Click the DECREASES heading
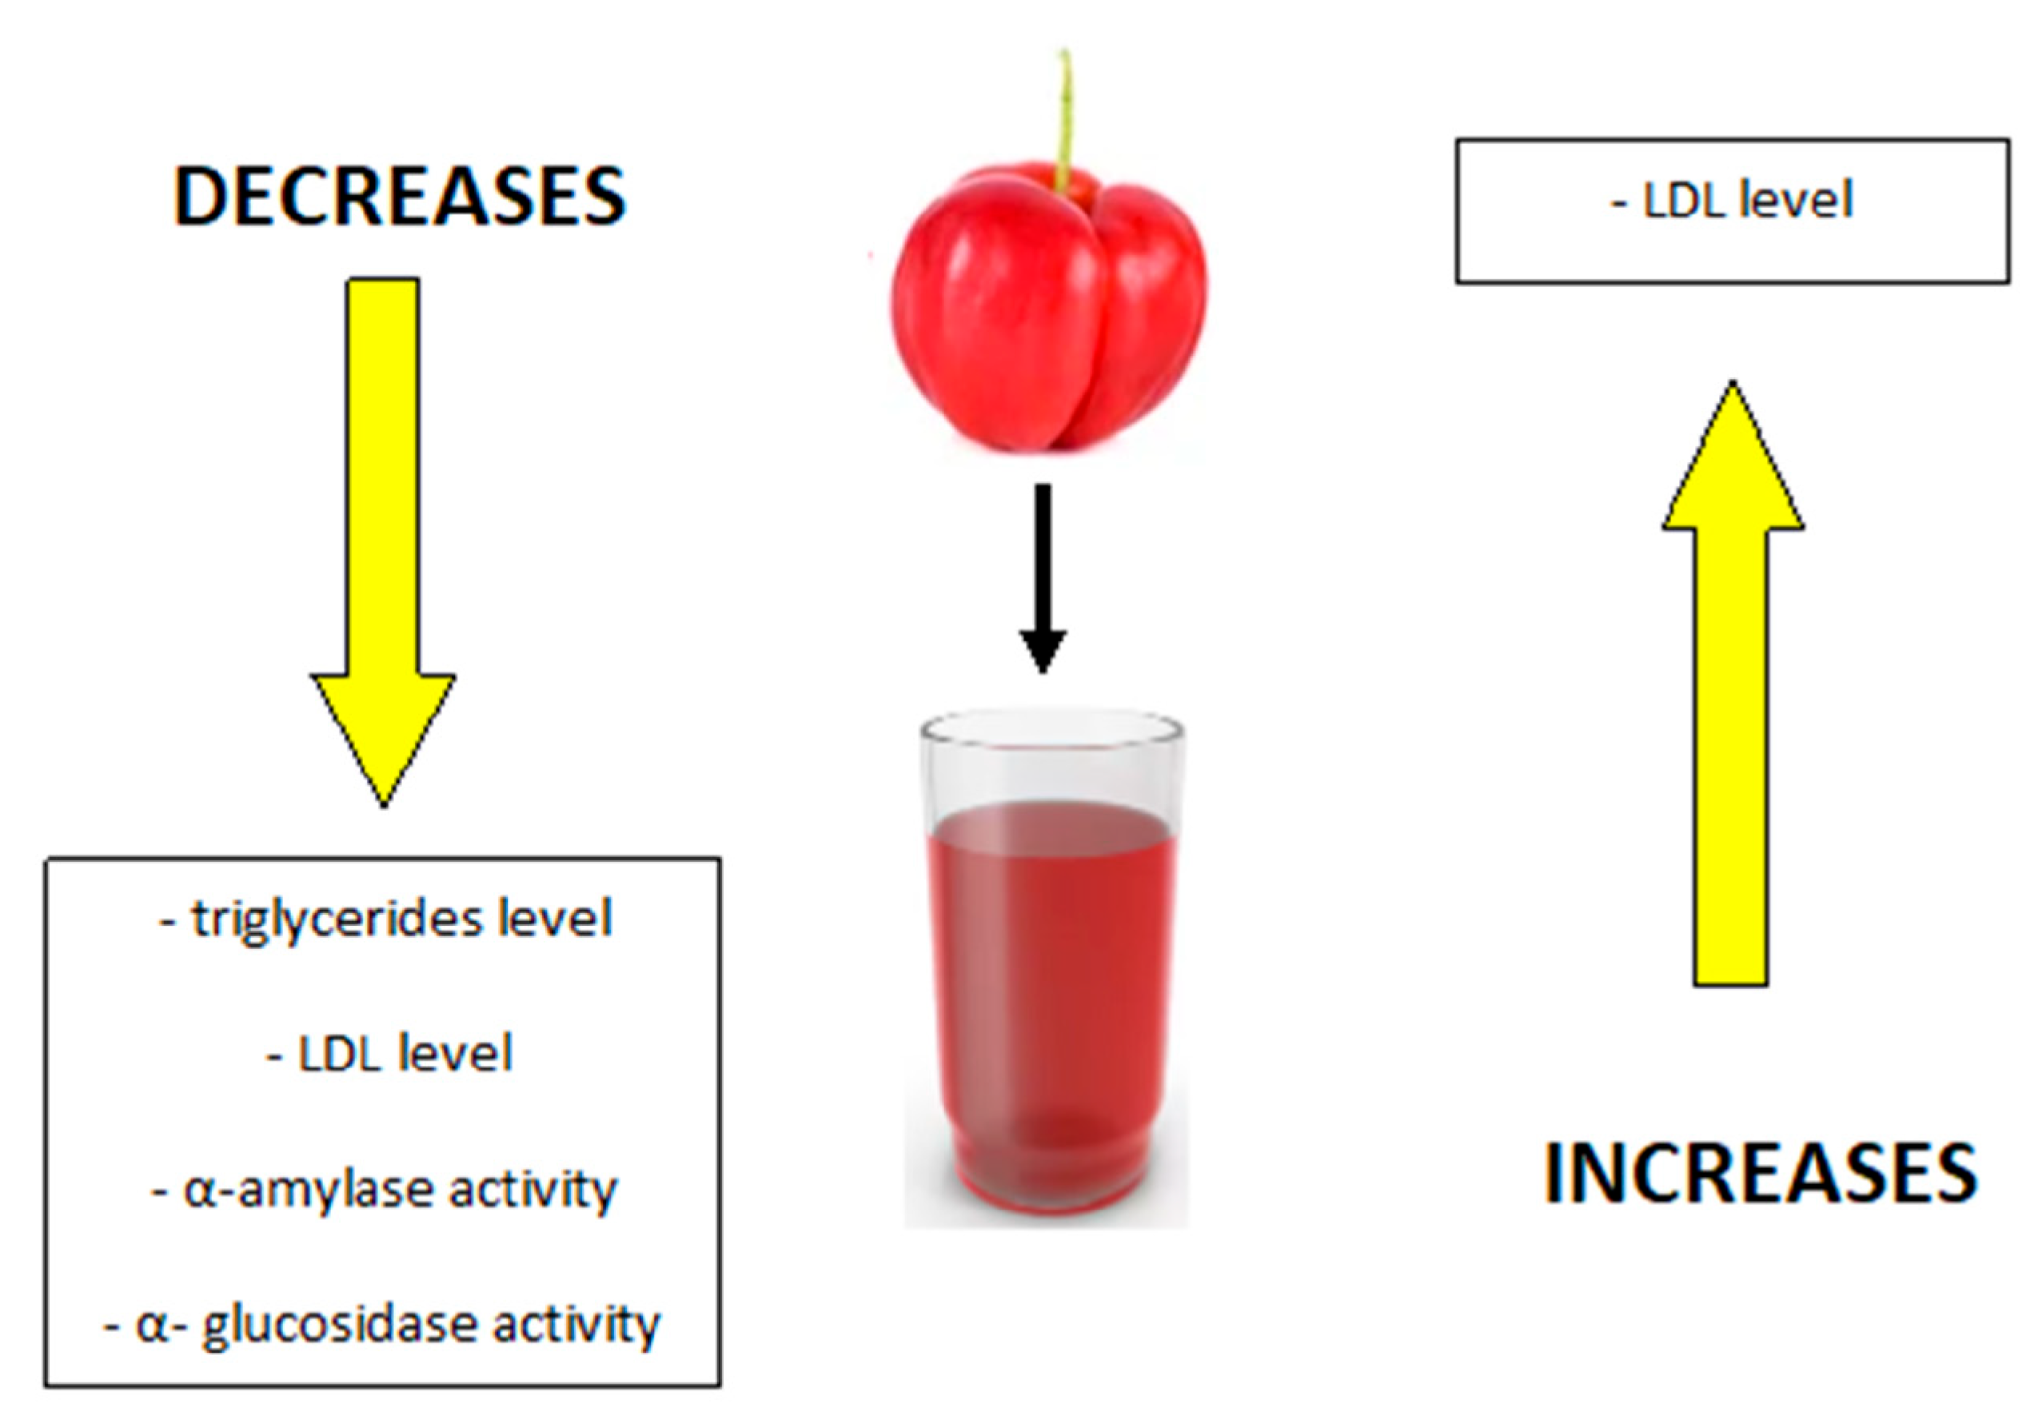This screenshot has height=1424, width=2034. pos(399,197)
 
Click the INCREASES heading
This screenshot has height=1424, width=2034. pos(1761,1173)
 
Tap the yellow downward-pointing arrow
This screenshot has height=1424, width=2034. pos(383,541)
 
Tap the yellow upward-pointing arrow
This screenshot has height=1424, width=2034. pos(1732,683)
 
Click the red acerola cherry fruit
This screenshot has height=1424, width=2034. pos(1048,308)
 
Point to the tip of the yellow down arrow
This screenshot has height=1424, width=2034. pos(383,806)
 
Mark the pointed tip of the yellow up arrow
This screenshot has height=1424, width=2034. pos(1733,381)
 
